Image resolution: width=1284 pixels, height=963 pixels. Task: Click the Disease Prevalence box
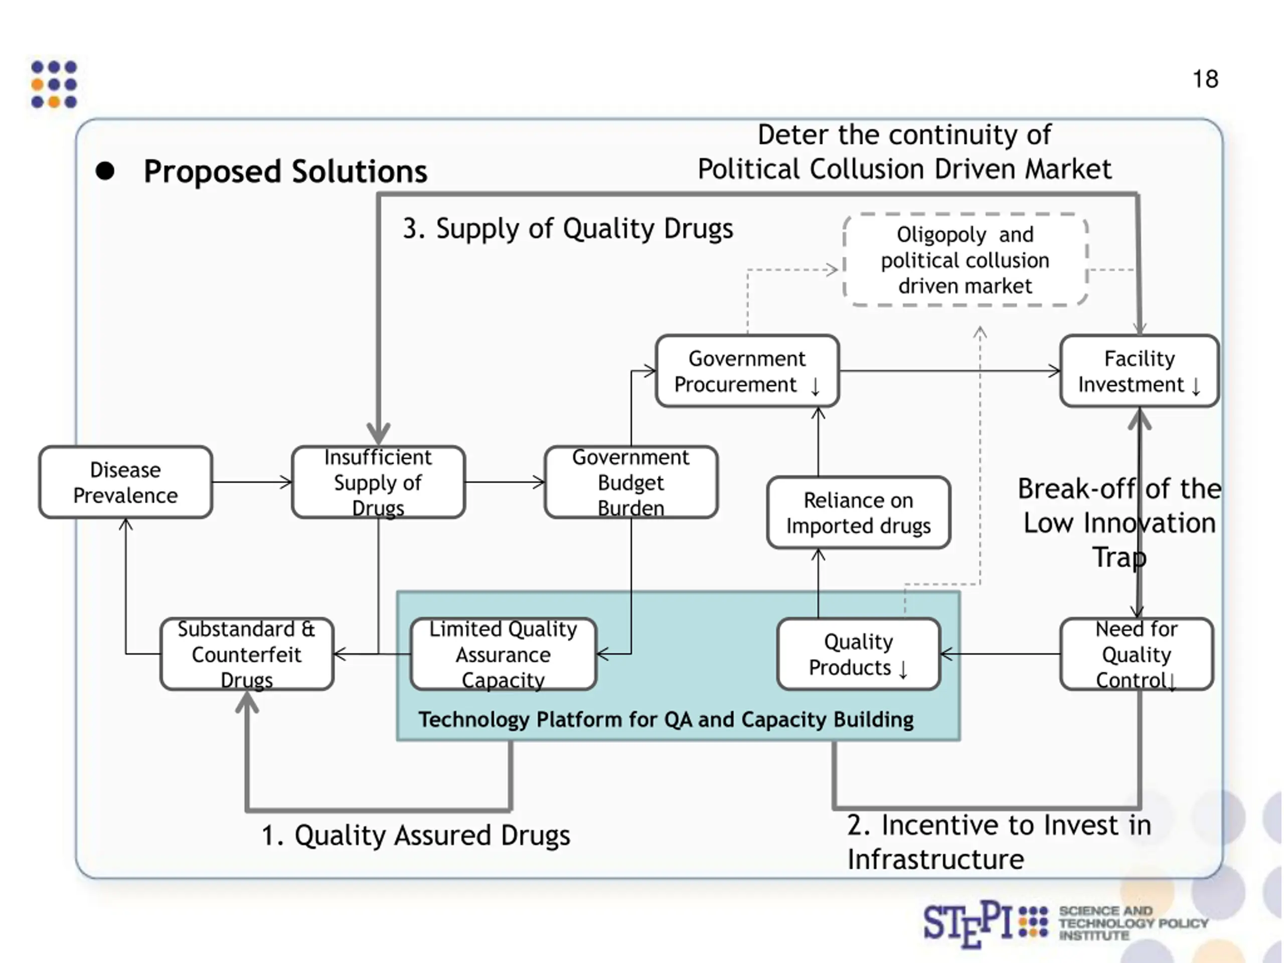(125, 482)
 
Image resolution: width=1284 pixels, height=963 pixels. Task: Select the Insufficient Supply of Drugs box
(378, 482)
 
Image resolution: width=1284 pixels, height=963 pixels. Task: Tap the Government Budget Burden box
(631, 482)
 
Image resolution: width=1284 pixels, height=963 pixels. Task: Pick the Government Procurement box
(747, 371)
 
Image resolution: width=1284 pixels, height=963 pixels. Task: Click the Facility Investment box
(1139, 371)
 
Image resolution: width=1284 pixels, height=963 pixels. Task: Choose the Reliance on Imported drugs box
(858, 513)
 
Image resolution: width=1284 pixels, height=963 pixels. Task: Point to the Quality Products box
(858, 654)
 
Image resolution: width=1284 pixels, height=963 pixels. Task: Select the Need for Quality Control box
(1136, 654)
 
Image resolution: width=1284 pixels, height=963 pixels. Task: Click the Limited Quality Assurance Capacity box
(503, 654)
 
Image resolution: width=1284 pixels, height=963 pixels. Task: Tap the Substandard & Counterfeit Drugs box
(247, 654)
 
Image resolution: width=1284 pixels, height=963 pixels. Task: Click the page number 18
(1205, 79)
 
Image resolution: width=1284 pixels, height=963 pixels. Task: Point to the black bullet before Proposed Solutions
(105, 171)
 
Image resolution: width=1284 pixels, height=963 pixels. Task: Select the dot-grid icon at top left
(54, 84)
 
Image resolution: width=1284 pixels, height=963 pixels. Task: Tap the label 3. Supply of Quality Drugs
(568, 229)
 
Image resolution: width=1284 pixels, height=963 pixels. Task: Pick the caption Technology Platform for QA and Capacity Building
(666, 719)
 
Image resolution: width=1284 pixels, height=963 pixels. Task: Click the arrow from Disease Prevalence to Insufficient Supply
(252, 482)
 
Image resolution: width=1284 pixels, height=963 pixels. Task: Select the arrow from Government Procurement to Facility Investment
(949, 371)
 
